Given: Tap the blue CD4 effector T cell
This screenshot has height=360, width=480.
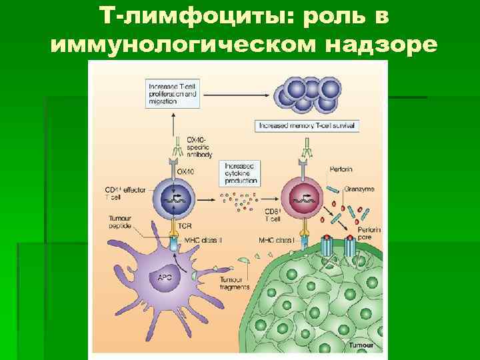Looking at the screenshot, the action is [x=173, y=197].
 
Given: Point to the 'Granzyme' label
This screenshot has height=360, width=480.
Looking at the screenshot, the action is [x=359, y=189].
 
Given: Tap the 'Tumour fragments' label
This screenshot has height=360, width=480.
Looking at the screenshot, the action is [x=229, y=283].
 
